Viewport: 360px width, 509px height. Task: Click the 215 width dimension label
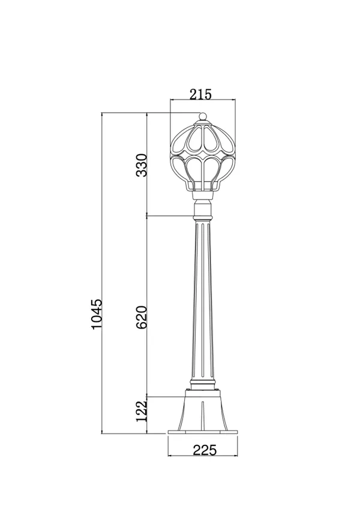[x=200, y=94]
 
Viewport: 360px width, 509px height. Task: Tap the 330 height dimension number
[x=142, y=165]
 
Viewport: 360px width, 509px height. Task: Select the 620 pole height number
[x=142, y=317]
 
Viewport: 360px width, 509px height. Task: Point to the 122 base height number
[x=142, y=411]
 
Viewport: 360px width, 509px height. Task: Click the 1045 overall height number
[x=97, y=314]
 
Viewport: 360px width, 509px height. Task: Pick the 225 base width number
[x=205, y=450]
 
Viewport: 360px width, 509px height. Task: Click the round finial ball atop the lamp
[x=203, y=116]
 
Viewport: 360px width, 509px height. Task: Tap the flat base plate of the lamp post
[x=203, y=432]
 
